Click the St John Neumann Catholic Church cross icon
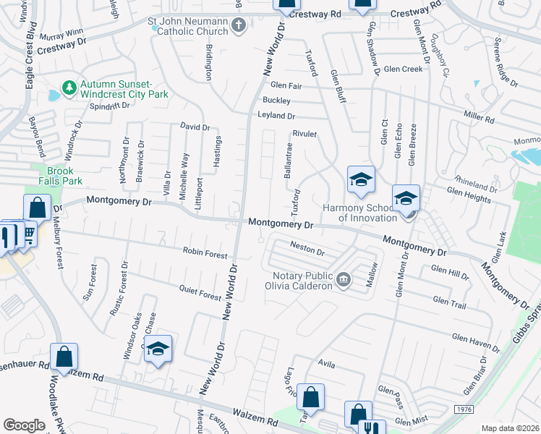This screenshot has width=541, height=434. click(239, 26)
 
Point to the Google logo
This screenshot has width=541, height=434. click(24, 425)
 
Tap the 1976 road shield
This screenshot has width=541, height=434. click(464, 410)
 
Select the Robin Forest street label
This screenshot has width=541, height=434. click(205, 253)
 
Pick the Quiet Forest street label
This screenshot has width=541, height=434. click(200, 292)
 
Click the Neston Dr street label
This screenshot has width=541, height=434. click(307, 249)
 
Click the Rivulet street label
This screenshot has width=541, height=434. click(305, 134)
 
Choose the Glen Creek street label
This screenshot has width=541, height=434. click(403, 69)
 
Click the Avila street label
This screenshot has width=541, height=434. click(325, 365)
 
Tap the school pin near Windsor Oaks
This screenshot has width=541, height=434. click(158, 349)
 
